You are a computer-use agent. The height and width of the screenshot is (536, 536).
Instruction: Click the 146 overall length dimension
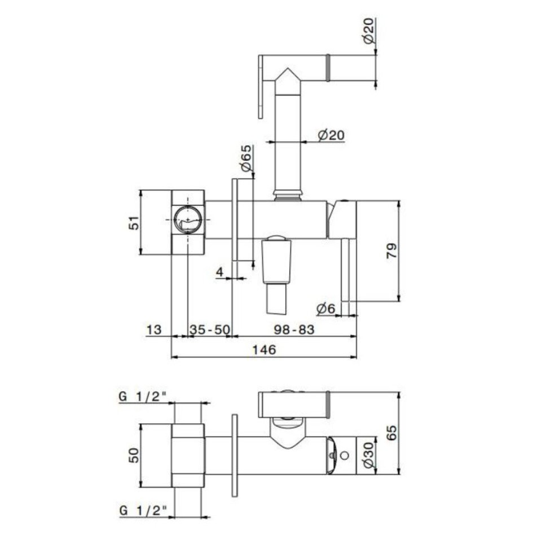click(263, 350)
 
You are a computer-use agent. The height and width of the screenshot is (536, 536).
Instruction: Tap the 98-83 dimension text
click(294, 329)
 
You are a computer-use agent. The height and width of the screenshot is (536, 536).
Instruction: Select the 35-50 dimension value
click(210, 330)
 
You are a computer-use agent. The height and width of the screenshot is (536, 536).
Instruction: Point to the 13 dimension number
click(153, 330)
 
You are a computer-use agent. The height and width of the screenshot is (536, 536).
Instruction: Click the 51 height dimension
click(134, 222)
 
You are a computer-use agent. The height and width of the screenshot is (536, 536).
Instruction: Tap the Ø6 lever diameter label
click(326, 309)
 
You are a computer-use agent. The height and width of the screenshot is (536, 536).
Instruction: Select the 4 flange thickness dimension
click(219, 272)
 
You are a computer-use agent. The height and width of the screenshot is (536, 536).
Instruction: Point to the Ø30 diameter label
click(368, 455)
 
